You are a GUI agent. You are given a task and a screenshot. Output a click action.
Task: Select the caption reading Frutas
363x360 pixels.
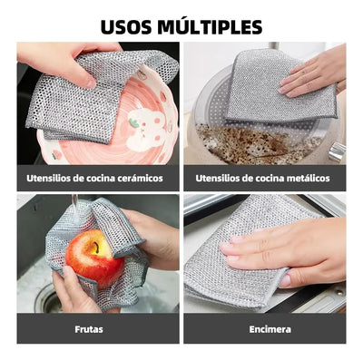89,328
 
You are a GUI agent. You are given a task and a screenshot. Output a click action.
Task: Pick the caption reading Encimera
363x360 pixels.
270,328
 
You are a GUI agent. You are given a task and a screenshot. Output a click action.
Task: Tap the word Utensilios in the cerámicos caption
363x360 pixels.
47,179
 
